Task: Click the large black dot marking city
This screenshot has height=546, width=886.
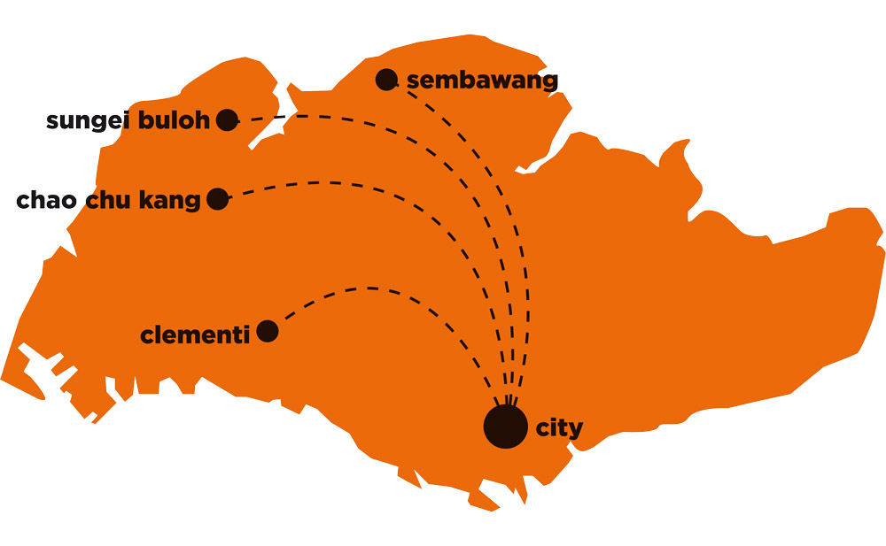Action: coord(506,427)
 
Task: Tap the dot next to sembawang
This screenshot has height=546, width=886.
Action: coord(386,80)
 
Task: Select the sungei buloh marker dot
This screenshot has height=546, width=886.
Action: coord(227,119)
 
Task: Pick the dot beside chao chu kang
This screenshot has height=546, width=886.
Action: coord(218,199)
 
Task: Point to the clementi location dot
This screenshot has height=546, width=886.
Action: coord(268,331)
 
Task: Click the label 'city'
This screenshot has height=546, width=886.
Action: coord(559,427)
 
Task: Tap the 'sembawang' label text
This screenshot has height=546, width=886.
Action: coord(482,81)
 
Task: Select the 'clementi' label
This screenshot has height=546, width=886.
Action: coord(195,335)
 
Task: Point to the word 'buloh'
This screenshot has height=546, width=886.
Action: coord(174,119)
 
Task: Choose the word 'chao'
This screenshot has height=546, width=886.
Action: coord(46,200)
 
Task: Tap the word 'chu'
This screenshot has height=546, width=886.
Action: coord(108,200)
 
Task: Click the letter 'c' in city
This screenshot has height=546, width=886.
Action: coord(542,428)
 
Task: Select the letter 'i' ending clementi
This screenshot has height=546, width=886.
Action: coord(245,335)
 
